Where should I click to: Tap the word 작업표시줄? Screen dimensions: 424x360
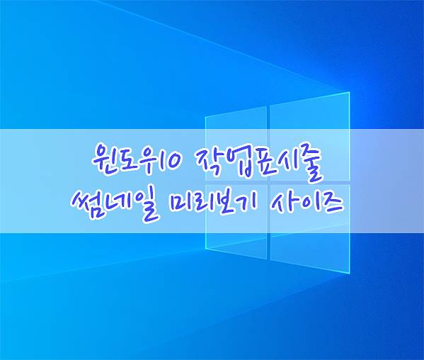pyautogui.click(x=258, y=162)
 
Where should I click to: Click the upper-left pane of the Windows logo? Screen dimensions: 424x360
pyautogui.click(x=236, y=144)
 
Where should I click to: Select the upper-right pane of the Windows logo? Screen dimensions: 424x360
pyautogui.click(x=310, y=137)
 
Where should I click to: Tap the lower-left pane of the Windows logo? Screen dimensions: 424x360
pyautogui.click(x=236, y=222)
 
